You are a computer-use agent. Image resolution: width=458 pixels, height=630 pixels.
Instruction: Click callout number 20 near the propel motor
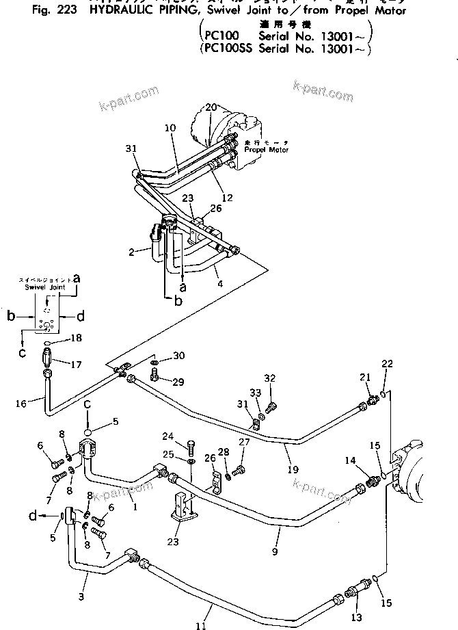pos(211,107)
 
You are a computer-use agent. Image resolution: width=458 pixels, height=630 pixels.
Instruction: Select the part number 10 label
pos(170,128)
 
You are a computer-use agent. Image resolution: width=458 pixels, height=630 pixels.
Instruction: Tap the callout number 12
pos(228,198)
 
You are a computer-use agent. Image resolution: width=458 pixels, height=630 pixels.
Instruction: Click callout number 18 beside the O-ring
pos(77,339)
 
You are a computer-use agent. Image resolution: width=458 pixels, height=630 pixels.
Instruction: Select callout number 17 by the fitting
pos(77,365)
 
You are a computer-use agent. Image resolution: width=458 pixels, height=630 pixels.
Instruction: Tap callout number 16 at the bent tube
pos(21,404)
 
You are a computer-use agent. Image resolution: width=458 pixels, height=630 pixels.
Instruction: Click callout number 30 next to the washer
pos(179,356)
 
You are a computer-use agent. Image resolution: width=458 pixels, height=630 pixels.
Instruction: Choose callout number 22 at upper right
pos(387,363)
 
